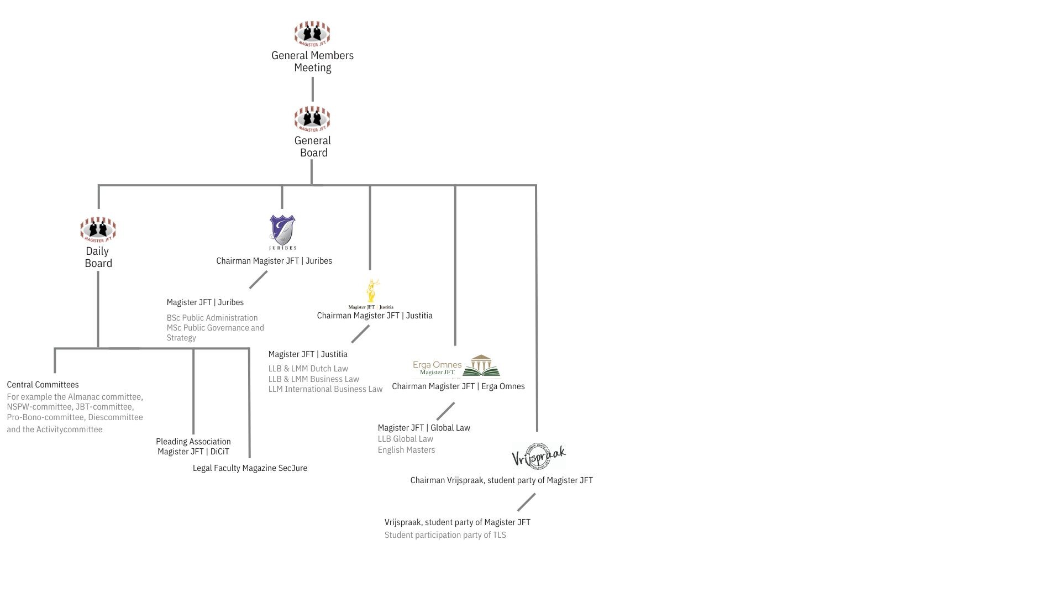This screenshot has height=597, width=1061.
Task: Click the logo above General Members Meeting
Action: pyautogui.click(x=312, y=34)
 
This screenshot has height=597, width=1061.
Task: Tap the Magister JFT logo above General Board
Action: pyautogui.click(x=312, y=119)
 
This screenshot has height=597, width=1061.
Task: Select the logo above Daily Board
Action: pyautogui.click(x=98, y=229)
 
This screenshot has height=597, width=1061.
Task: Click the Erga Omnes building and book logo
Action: pyautogui.click(x=456, y=366)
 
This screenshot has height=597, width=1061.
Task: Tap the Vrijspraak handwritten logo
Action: pyautogui.click(x=539, y=457)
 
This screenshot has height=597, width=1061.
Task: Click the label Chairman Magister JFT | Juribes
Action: pyautogui.click(x=274, y=261)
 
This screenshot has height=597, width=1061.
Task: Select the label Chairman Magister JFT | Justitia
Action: pyautogui.click(x=375, y=316)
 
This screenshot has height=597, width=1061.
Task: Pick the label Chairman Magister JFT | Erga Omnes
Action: pyautogui.click(x=458, y=386)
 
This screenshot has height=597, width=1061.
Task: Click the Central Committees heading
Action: pyautogui.click(x=43, y=385)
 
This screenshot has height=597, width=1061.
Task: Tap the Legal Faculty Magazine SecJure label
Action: pyautogui.click(x=250, y=468)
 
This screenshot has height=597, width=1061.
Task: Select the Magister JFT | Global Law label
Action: pyautogui.click(x=424, y=428)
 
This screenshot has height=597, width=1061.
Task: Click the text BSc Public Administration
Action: pyautogui.click(x=212, y=318)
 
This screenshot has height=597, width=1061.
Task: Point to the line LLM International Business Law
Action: pyautogui.click(x=325, y=389)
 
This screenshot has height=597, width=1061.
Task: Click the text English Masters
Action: pyautogui.click(x=406, y=450)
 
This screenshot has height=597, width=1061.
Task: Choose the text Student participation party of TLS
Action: pyautogui.click(x=445, y=535)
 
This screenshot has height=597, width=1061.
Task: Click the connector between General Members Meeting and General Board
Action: pyautogui.click(x=313, y=89)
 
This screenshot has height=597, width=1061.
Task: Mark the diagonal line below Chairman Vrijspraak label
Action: pyautogui.click(x=526, y=502)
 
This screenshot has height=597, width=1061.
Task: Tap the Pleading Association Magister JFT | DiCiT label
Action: pyautogui.click(x=193, y=447)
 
